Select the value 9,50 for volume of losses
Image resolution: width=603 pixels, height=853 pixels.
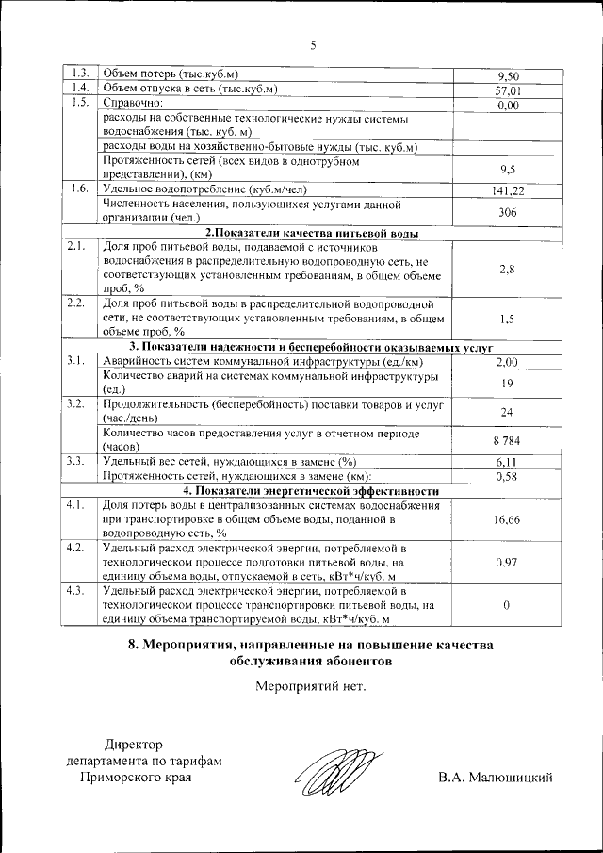(508, 76)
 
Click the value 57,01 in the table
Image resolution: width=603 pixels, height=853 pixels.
(508, 91)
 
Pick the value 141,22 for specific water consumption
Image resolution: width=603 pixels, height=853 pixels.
(508, 190)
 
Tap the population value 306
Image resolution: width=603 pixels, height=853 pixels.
(508, 213)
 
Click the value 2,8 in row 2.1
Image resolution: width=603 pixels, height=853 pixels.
(508, 269)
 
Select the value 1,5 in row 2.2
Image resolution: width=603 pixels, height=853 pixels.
(508, 320)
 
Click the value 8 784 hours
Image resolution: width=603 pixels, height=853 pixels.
(508, 440)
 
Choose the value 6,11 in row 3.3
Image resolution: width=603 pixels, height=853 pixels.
(508, 462)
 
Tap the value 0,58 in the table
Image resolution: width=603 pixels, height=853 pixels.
(508, 477)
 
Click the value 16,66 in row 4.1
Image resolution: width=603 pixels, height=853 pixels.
(508, 518)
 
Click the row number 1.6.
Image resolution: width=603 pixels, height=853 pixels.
(79, 189)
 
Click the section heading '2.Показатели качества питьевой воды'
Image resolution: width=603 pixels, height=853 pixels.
(312, 233)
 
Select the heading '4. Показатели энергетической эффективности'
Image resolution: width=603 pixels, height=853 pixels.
(312, 491)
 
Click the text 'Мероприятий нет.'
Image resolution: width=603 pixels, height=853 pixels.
(311, 711)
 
